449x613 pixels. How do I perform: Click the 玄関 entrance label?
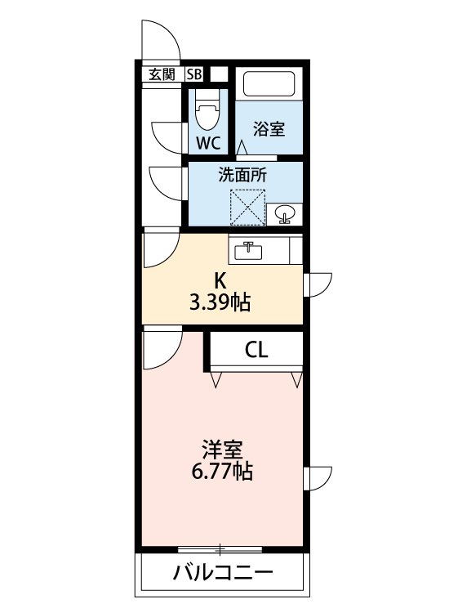coord(162,74)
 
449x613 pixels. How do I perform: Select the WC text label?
coord(208,143)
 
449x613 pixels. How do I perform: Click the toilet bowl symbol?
coord(207,113)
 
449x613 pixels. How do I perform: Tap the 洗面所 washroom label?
coord(242,173)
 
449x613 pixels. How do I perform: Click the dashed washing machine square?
coord(248,206)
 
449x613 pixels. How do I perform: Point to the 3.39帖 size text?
coord(220,303)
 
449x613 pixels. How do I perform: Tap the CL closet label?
coord(256,351)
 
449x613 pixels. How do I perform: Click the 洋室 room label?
coord(222,450)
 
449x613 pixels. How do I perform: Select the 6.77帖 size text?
coord(222,472)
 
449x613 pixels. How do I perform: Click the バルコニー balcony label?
coord(222,572)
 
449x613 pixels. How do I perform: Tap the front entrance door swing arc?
coord(160,38)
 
